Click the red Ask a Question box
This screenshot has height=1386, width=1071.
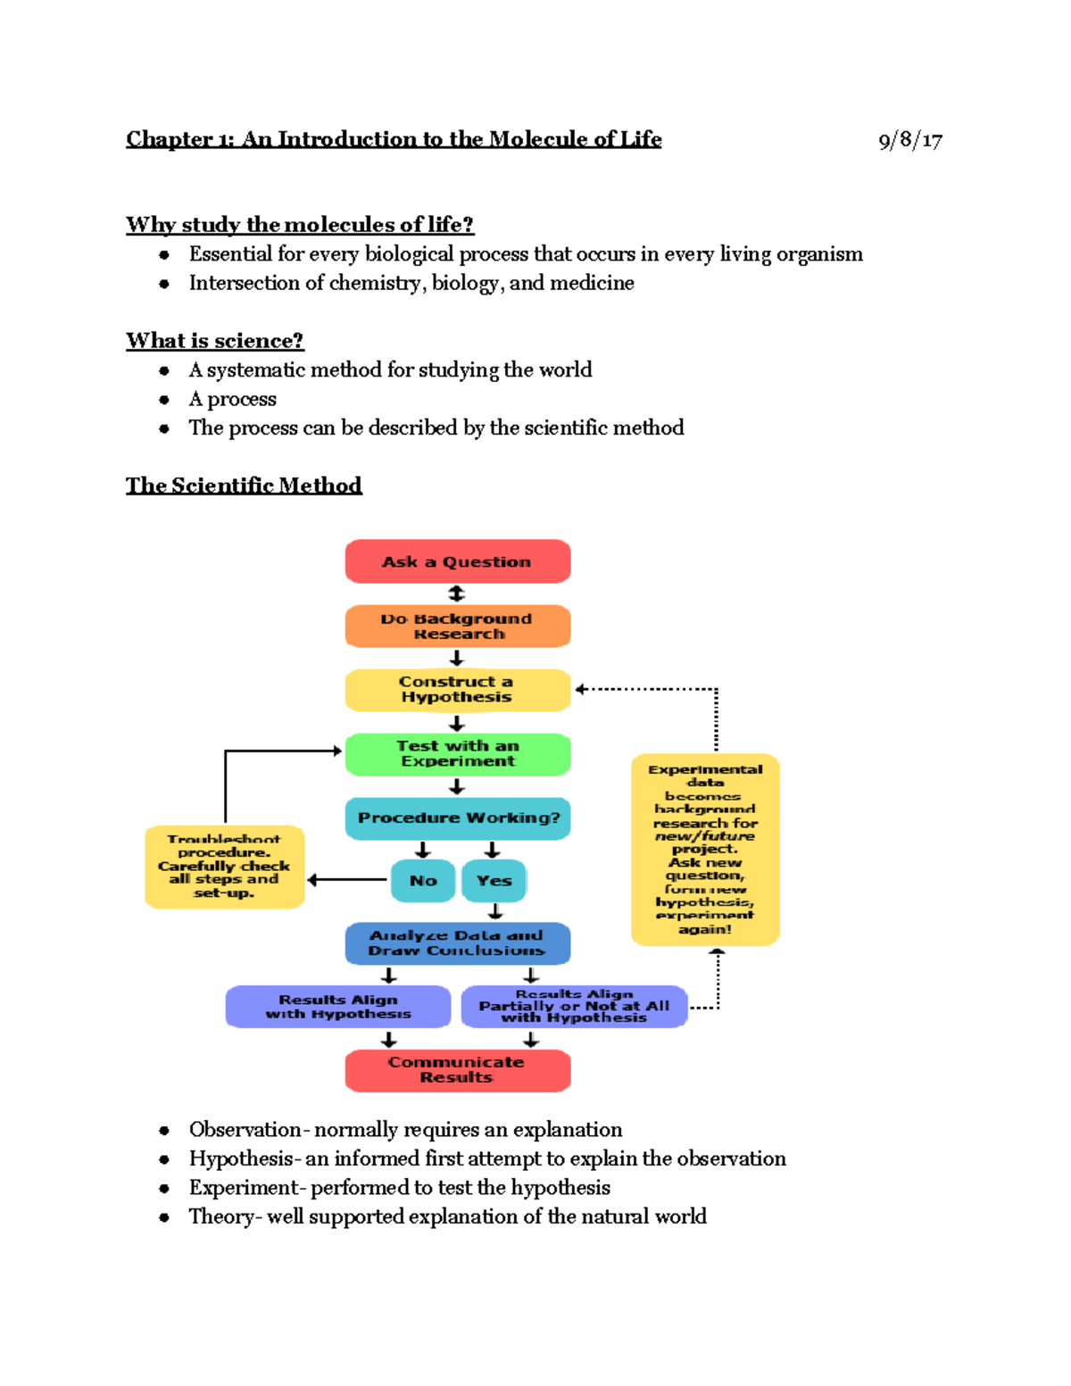[457, 561]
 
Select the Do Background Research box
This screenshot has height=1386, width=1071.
[457, 626]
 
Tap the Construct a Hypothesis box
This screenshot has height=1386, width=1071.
[457, 690]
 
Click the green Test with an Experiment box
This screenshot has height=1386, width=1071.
[457, 754]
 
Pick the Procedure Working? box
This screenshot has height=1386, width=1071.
[457, 818]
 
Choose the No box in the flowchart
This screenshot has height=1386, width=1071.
[423, 881]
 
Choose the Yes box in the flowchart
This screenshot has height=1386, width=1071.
[494, 881]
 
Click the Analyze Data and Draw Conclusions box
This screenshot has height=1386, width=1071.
[457, 943]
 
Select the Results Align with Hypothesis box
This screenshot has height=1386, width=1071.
[337, 1007]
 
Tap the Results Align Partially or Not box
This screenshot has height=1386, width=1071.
[574, 1007]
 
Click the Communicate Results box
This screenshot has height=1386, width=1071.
[457, 1070]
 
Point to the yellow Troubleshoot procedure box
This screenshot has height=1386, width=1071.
[224, 867]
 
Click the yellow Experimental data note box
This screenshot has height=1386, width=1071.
[705, 850]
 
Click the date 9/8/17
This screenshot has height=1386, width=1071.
[909, 140]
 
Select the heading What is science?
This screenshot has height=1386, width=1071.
[214, 341]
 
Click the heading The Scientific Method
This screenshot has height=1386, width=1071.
[244, 486]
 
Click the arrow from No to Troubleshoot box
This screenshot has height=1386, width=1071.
[347, 880]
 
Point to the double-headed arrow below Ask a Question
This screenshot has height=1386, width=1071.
[456, 593]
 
